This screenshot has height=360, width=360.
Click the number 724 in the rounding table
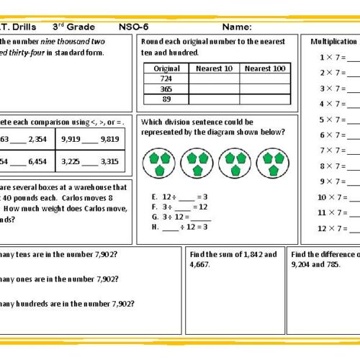point(167,78)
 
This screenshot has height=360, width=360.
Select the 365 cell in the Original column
point(167,89)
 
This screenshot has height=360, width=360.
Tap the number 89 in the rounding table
point(167,99)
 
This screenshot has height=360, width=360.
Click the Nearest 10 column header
point(214,68)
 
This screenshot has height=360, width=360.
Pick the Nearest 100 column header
point(264,68)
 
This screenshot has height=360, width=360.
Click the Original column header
point(167,68)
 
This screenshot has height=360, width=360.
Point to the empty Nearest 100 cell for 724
point(264,78)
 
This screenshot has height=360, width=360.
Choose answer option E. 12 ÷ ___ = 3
point(177,196)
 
